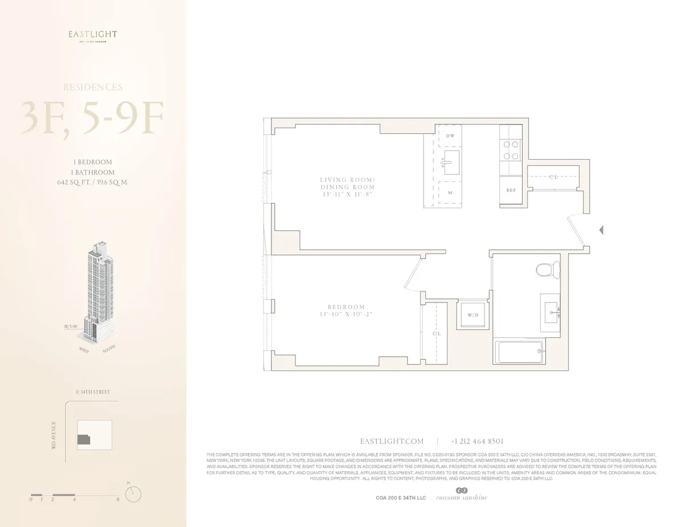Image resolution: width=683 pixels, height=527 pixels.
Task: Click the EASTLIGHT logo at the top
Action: (93, 35)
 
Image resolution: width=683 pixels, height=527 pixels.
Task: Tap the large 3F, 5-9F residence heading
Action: (93, 118)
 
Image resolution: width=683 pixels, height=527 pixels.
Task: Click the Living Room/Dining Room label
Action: (347, 183)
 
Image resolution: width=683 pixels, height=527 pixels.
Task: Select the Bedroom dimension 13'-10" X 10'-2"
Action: (342, 314)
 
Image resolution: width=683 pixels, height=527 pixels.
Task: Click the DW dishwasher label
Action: (450, 136)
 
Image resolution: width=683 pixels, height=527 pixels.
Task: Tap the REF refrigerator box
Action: (511, 190)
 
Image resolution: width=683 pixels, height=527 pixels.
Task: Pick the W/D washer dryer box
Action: (472, 314)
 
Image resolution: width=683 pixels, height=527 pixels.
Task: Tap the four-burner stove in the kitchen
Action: (511, 150)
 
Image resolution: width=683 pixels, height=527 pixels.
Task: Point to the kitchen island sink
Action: (451, 163)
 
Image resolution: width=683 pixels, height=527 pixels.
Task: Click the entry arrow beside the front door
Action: (601, 230)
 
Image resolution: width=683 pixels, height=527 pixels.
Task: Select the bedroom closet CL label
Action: (437, 334)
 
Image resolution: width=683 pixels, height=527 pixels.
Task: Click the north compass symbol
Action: (133, 493)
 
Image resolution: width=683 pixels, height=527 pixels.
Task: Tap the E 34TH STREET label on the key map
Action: (93, 392)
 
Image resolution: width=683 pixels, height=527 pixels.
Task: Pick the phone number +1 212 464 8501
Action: (477, 441)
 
